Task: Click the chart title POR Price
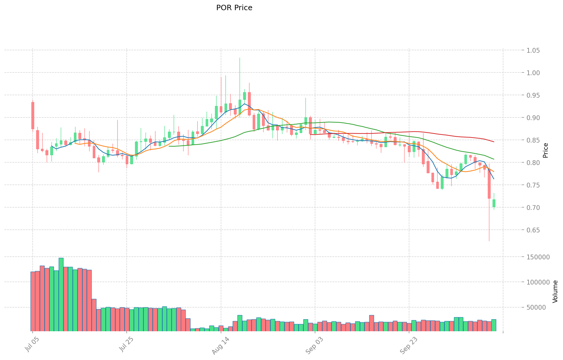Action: pyautogui.click(x=234, y=8)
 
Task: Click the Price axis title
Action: pyautogui.click(x=546, y=150)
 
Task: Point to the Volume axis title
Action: pyautogui.click(x=555, y=291)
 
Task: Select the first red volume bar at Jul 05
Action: pyautogui.click(x=33, y=301)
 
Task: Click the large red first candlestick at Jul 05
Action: pyautogui.click(x=33, y=115)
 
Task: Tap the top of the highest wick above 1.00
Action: pyautogui.click(x=240, y=58)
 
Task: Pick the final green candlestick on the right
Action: pyautogui.click(x=494, y=203)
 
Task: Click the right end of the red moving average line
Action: pyautogui.click(x=494, y=142)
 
